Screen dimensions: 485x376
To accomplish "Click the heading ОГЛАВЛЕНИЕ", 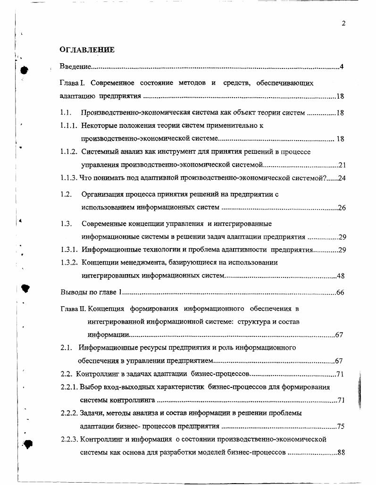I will (x=87, y=50).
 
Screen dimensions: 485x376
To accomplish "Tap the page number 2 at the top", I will (x=344, y=24).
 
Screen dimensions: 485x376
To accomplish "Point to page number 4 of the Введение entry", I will (x=341, y=67).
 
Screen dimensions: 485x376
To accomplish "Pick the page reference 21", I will (x=343, y=165).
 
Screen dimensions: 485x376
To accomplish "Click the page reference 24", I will (x=343, y=178).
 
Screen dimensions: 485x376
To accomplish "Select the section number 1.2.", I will (x=66, y=194).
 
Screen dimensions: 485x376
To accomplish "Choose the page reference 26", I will (x=343, y=208).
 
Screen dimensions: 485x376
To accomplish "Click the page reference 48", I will (x=343, y=276).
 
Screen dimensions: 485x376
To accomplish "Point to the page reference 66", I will (x=340, y=293).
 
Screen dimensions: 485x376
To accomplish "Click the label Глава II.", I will (x=73, y=309).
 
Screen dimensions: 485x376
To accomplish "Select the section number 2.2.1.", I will (x=69, y=387).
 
